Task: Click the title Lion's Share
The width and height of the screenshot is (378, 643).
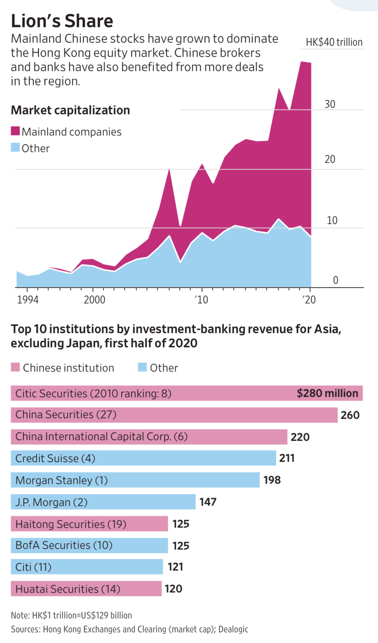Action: [x=62, y=21]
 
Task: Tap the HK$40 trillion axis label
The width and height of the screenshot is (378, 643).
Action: [x=334, y=42]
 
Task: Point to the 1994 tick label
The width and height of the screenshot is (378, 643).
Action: [x=28, y=300]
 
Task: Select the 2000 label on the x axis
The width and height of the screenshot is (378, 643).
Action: [x=94, y=300]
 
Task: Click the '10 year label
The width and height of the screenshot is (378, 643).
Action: [x=202, y=300]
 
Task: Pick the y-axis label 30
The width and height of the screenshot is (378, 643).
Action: [x=330, y=104]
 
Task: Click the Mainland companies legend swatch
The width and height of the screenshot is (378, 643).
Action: [x=15, y=131]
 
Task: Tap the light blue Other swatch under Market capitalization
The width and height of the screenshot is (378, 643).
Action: [x=15, y=148]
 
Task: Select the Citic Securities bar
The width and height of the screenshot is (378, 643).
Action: [x=186, y=393]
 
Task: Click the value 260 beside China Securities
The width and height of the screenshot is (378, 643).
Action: [x=350, y=415]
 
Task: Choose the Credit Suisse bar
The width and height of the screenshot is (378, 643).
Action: [x=143, y=458]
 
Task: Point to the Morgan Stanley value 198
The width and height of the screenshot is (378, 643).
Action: [x=272, y=480]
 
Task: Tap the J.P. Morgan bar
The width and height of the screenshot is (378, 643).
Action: [x=103, y=502]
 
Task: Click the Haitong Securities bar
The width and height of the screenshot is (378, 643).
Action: [x=89, y=524]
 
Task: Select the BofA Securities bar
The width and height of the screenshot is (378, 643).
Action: [x=89, y=545]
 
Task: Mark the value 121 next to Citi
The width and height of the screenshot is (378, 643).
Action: [x=175, y=567]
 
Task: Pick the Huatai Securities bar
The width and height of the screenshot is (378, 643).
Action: [x=86, y=589]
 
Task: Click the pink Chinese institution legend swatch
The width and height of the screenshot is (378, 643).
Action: [x=15, y=367]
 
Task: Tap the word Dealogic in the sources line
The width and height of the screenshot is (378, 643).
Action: [x=233, y=629]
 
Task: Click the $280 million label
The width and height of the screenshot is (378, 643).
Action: [x=327, y=393]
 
